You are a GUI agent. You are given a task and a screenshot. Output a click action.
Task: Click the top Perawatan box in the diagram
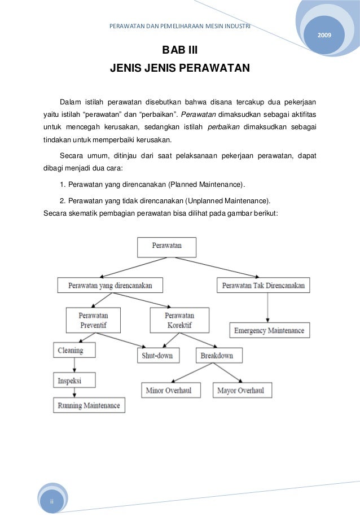pyautogui.click(x=167, y=247)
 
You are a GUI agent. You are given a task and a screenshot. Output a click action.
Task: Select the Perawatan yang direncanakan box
pyautogui.click(x=109, y=286)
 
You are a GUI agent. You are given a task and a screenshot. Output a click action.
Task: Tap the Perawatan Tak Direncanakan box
pyautogui.click(x=264, y=286)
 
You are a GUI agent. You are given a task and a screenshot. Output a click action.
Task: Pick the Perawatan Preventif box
pyautogui.click(x=94, y=320)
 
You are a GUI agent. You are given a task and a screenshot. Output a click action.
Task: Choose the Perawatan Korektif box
pyautogui.click(x=179, y=320)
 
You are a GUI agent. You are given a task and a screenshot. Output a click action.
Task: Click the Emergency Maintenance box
pyautogui.click(x=269, y=330)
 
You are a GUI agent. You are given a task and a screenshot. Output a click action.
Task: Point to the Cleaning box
pyautogui.click(x=74, y=350)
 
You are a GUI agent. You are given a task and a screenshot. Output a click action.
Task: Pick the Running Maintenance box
pyautogui.click(x=89, y=405)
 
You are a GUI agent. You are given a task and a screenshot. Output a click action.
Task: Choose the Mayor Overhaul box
pyautogui.click(x=242, y=390)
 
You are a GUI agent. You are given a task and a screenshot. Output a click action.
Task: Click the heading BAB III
pyautogui.click(x=180, y=51)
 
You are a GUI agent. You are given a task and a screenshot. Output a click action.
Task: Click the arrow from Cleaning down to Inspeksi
pyautogui.click(x=74, y=365)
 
